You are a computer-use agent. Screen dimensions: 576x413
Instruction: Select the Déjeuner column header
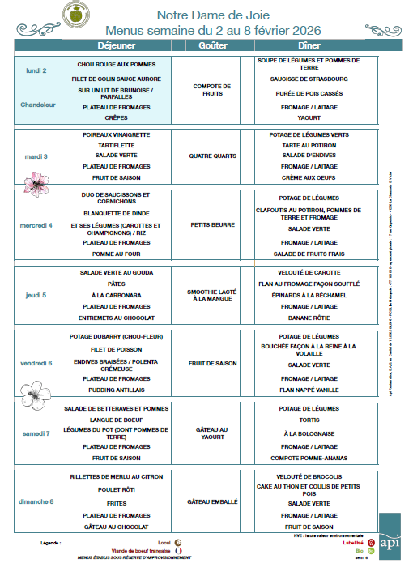tap(116, 45)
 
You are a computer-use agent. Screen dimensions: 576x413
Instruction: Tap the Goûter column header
tap(212, 45)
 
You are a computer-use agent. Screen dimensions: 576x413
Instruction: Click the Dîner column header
tap(309, 45)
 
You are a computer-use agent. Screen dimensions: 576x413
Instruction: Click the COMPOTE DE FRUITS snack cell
tap(212, 90)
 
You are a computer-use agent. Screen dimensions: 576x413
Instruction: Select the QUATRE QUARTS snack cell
tap(212, 156)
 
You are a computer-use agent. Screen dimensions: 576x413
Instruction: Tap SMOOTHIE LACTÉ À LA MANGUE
tap(212, 295)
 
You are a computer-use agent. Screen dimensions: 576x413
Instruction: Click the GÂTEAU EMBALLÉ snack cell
tap(212, 502)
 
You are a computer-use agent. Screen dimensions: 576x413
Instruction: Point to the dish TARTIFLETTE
tap(116, 144)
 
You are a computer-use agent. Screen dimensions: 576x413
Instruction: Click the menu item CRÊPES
tap(116, 117)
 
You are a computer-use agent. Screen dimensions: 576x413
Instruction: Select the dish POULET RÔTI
tap(116, 490)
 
